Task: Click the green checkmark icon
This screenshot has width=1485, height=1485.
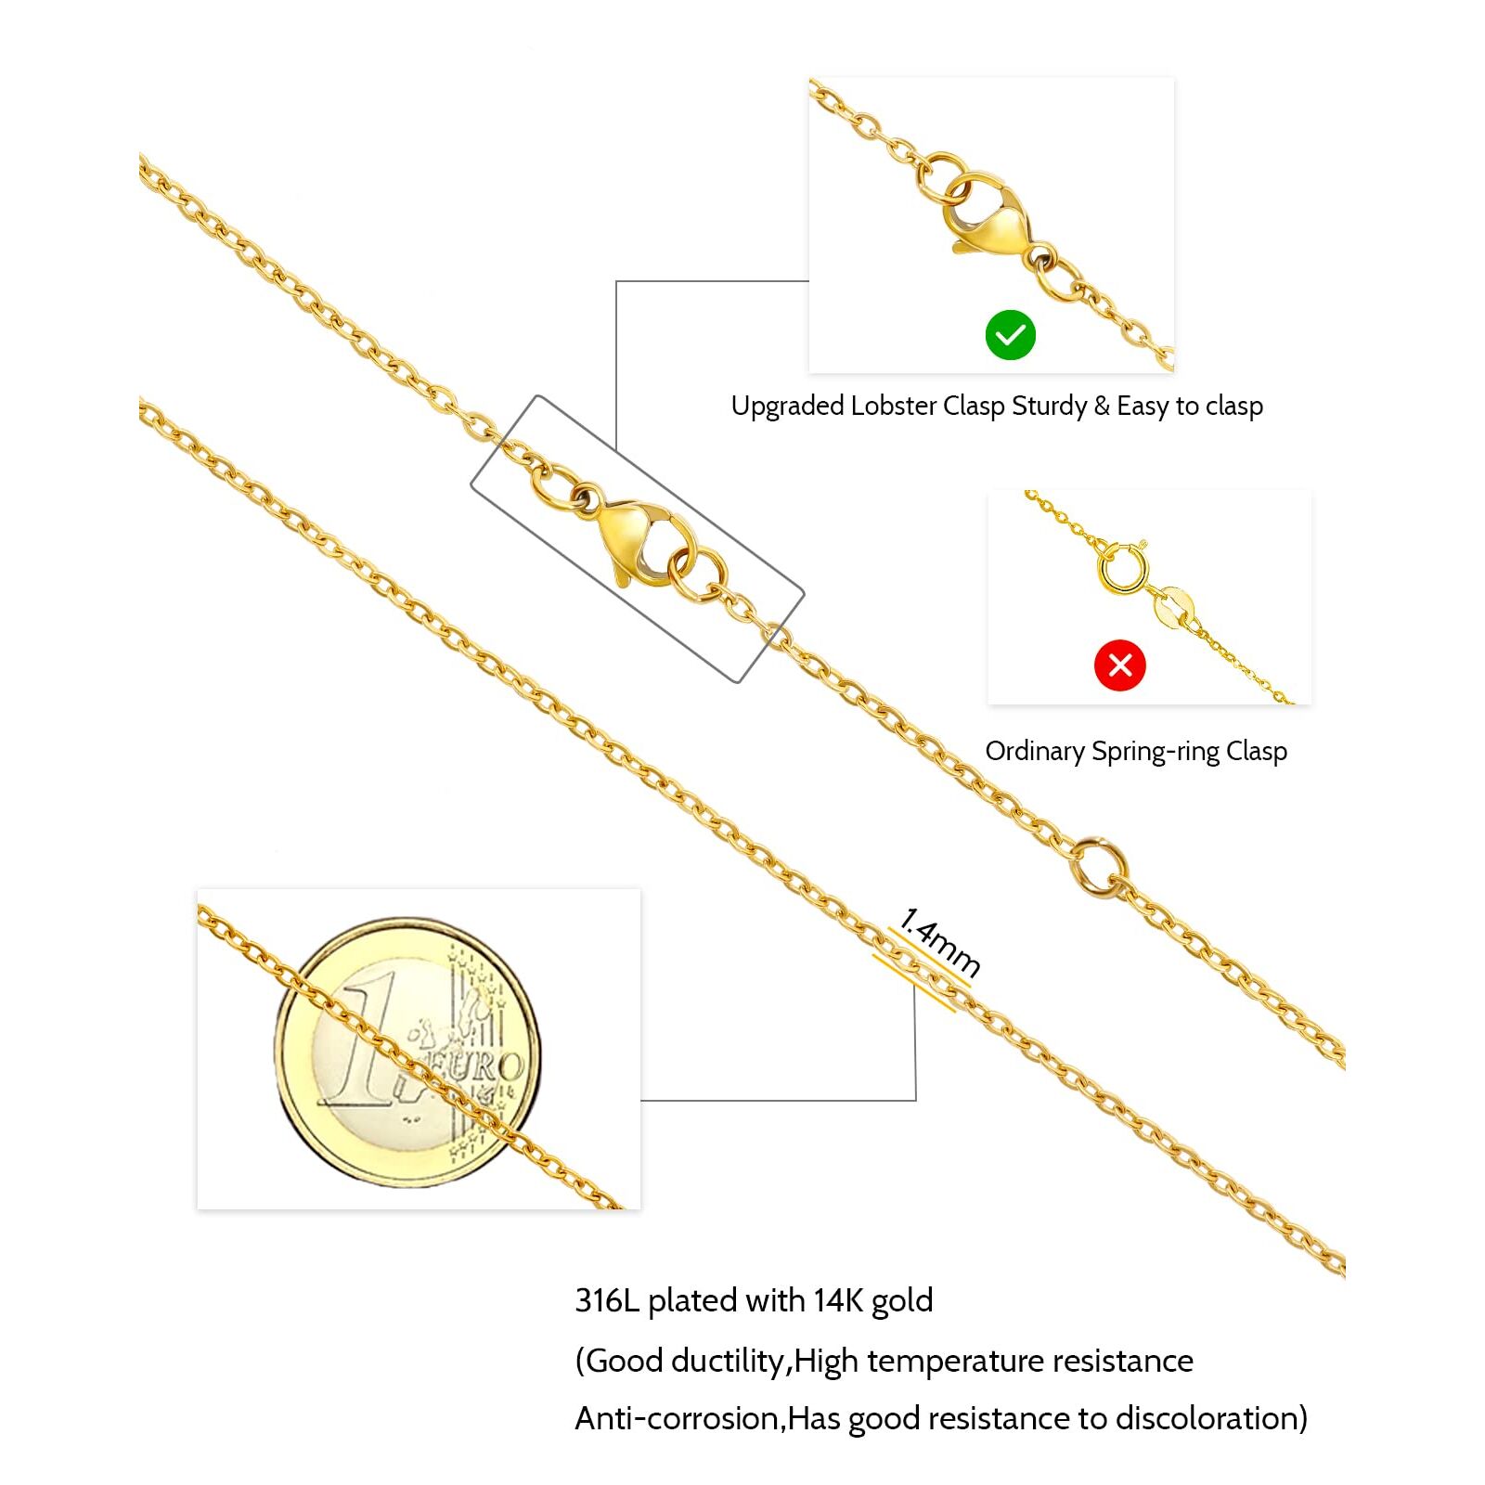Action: tap(1010, 335)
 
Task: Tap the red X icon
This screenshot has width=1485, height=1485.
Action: tap(1119, 665)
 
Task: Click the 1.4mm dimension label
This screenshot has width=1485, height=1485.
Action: tap(939, 942)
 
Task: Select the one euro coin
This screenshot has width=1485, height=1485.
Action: tap(407, 1052)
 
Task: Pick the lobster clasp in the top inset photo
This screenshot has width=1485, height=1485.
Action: tap(986, 215)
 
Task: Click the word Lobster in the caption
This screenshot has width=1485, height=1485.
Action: tap(892, 407)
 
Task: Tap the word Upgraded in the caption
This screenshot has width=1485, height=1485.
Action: tap(787, 407)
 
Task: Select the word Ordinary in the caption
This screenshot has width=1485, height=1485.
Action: tap(1034, 752)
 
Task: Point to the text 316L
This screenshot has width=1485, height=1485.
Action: tap(607, 1300)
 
